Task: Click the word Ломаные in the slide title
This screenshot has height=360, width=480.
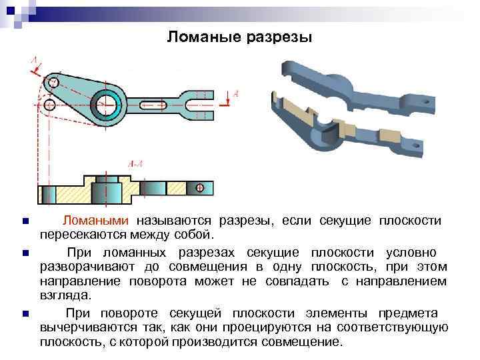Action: pyautogui.click(x=201, y=37)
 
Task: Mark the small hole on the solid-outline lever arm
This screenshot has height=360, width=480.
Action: pyautogui.click(x=53, y=83)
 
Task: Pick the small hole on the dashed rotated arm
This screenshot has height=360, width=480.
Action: pyautogui.click(x=49, y=105)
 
